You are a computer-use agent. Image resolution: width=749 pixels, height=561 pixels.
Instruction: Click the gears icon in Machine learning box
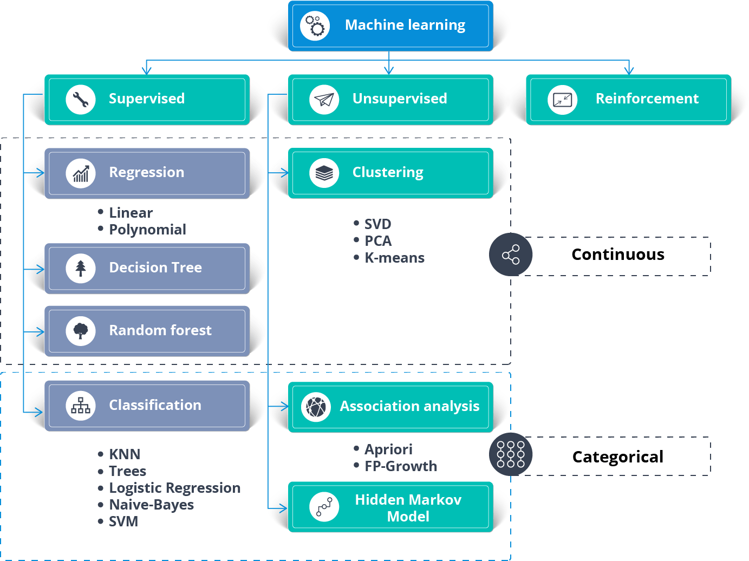pos(315,25)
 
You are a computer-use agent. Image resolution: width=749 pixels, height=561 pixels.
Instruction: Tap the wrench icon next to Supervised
pos(81,100)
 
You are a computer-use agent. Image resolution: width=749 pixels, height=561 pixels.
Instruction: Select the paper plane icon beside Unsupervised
pos(324,100)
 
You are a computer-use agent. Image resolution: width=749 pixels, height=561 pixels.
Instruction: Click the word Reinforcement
pos(647,99)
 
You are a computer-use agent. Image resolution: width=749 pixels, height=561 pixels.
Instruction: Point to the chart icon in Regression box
pos(81,173)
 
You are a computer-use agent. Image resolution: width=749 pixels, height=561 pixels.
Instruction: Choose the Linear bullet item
pos(131,213)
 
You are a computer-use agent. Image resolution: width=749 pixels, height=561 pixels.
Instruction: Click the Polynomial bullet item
pos(147,230)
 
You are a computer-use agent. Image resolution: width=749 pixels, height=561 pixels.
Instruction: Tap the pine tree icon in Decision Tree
pos(81,269)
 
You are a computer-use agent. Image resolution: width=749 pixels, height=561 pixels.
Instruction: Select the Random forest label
pos(160,330)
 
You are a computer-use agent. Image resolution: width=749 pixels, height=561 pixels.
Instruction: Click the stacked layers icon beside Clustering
pos(324,173)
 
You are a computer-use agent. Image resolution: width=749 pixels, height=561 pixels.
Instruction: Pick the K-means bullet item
pos(394,258)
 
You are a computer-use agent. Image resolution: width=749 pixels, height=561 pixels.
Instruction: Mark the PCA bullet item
pos(377,241)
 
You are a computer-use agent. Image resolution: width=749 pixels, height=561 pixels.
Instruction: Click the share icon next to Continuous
pos(511,255)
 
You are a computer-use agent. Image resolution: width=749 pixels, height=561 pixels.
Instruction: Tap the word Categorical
pos(617,457)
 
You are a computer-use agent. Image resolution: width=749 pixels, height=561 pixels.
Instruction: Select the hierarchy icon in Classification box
pos(81,406)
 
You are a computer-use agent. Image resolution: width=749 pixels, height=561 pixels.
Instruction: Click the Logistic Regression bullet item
pos(174,488)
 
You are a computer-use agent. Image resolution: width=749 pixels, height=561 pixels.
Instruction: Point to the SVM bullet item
pos(123,521)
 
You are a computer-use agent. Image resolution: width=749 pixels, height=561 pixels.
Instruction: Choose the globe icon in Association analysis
pos(316,407)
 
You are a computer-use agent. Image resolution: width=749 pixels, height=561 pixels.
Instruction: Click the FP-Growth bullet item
pos(401,466)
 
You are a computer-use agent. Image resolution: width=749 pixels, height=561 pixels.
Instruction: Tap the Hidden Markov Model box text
pos(408,508)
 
